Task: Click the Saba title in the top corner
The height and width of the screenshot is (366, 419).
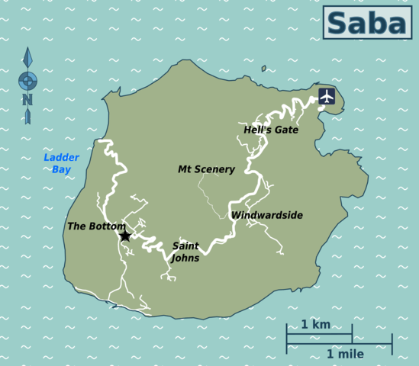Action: (366, 22)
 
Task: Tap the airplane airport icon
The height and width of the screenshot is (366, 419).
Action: (327, 96)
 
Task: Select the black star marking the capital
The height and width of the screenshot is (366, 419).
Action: (125, 236)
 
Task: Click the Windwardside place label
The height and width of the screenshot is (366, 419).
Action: (267, 216)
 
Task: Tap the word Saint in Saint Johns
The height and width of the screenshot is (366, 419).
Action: (185, 246)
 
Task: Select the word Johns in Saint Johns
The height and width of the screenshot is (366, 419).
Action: (185, 258)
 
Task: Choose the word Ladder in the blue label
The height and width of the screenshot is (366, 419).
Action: (61, 158)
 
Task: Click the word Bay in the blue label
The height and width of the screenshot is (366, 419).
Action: (61, 169)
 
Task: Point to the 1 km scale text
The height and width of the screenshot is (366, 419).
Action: (316, 325)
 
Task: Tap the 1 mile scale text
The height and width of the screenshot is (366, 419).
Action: (345, 355)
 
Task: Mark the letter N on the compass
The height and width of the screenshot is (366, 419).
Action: (27, 99)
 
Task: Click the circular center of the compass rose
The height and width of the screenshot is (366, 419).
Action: (27, 80)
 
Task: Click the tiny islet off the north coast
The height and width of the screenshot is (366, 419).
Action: (263, 69)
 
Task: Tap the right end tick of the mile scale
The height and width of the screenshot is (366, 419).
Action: (392, 344)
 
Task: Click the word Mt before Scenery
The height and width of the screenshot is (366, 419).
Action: (185, 169)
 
